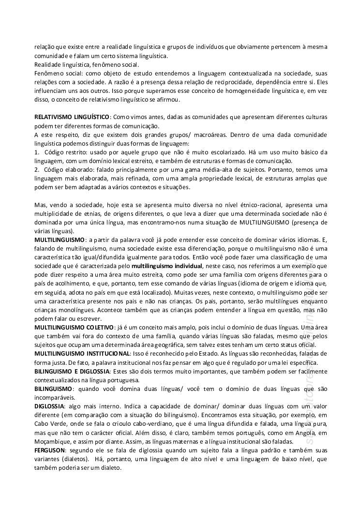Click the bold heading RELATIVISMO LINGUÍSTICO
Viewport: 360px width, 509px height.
point(72,118)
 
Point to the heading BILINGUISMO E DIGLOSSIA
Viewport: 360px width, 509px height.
point(72,371)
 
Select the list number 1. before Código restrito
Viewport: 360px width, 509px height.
point(37,152)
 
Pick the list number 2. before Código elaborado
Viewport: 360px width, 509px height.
point(37,170)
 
